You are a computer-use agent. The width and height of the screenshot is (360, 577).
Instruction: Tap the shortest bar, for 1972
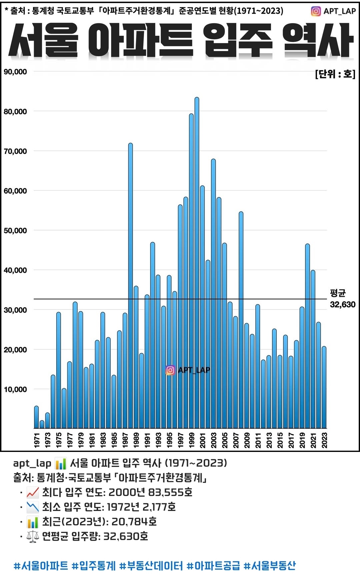click(x=42, y=424)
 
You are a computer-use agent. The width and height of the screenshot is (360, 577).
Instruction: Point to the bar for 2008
click(x=241, y=320)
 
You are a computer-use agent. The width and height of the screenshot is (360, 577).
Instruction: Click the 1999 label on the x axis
click(x=191, y=440)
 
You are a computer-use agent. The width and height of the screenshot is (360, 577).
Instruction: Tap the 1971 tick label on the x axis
click(x=37, y=440)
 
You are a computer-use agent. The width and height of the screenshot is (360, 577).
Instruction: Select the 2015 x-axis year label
click(x=280, y=440)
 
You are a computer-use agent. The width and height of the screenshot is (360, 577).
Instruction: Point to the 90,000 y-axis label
click(x=15, y=72)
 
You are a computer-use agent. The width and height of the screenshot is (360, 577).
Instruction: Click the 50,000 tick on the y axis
click(x=15, y=230)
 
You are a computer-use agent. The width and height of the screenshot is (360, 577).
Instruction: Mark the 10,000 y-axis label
click(x=15, y=389)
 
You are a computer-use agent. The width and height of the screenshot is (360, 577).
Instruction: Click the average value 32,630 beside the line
click(x=342, y=304)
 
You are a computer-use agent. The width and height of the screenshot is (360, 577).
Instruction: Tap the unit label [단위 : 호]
click(x=335, y=74)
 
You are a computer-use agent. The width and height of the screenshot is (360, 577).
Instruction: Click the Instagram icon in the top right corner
click(x=316, y=11)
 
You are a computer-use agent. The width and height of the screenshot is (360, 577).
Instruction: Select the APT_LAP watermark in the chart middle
click(x=188, y=370)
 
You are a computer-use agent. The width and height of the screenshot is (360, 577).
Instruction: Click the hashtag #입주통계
click(x=94, y=566)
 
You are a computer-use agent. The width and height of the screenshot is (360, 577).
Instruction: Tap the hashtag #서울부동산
click(x=269, y=566)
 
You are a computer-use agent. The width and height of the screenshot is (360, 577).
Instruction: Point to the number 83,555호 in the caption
click(x=170, y=492)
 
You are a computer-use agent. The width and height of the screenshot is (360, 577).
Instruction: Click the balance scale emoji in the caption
click(x=33, y=536)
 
